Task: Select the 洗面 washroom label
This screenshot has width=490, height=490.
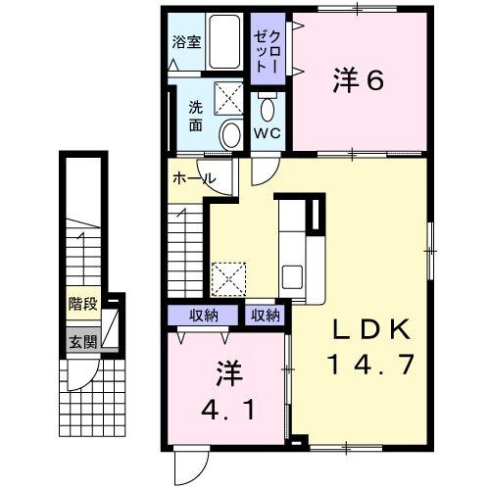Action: [195, 118]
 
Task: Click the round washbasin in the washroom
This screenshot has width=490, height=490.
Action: [231, 135]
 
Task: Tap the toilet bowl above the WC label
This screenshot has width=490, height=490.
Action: [267, 105]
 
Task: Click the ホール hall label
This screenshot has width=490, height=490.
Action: [194, 179]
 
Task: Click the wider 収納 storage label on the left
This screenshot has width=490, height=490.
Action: [202, 316]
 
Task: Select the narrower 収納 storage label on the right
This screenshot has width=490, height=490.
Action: [265, 316]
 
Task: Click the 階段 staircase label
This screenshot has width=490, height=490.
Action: [83, 304]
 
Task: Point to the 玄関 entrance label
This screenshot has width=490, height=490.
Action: [83, 342]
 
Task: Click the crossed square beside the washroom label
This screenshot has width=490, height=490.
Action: [230, 98]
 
